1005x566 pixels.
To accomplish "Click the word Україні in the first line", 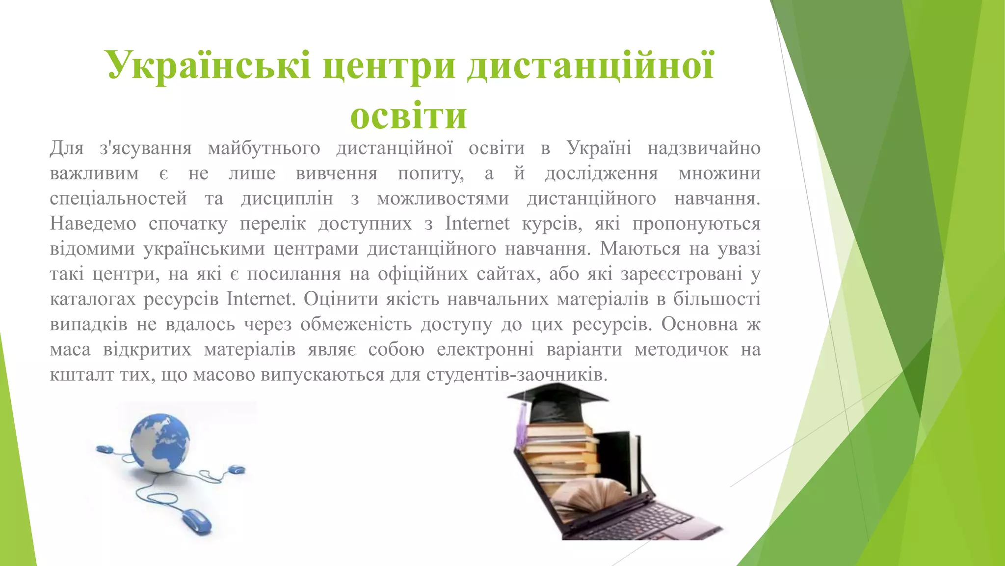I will (599, 147).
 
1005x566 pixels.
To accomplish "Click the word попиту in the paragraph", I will (430, 173).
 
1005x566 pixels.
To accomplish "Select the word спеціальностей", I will (118, 198).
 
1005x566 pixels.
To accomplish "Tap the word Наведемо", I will (93, 224).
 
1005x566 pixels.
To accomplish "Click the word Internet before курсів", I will (477, 224).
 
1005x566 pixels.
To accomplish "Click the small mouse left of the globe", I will (104, 449).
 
